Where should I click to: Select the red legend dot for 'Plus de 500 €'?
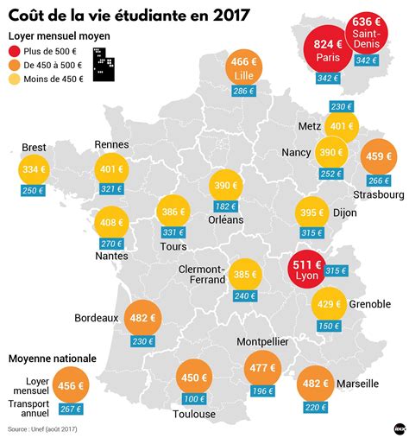point(16,52)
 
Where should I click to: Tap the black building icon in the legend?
point(104,65)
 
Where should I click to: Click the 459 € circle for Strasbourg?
point(379,157)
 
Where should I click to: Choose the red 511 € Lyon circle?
point(307,270)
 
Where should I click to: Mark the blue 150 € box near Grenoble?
point(328,326)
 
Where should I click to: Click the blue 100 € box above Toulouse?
point(193,398)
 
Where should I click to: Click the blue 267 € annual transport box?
point(71,409)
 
